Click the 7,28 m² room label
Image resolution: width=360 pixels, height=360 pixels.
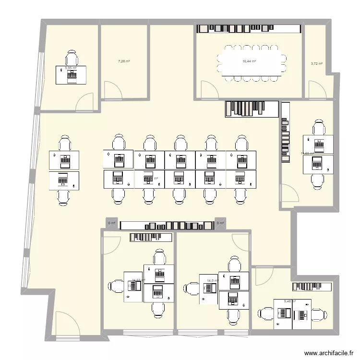tap(124, 61)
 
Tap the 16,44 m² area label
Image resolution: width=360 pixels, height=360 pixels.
tap(249, 61)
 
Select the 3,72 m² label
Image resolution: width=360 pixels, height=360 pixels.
tap(316, 63)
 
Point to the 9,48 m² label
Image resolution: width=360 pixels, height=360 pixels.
tap(290, 301)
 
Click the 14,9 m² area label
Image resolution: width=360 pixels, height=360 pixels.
tap(212, 281)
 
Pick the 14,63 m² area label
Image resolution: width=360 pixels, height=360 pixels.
tap(138, 280)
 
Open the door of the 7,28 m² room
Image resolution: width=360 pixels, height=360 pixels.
tap(111, 89)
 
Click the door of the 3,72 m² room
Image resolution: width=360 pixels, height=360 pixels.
tap(315, 89)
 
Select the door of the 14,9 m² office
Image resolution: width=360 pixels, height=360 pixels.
tap(240, 242)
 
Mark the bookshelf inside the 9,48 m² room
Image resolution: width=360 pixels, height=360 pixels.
tap(312, 286)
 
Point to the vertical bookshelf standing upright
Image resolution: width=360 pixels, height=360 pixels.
tap(286, 132)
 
